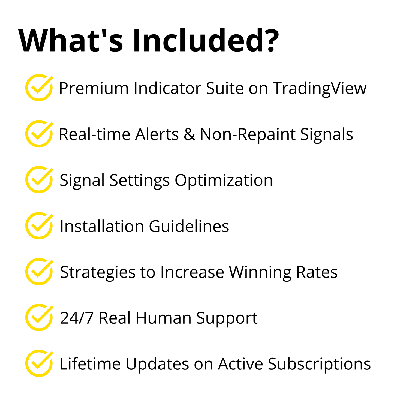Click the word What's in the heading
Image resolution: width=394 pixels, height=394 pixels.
[71, 40]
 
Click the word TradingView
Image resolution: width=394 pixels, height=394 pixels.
[320, 89]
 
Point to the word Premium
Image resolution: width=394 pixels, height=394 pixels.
[94, 88]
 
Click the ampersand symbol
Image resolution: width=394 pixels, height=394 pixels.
[190, 134]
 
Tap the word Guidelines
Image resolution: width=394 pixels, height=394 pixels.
[189, 226]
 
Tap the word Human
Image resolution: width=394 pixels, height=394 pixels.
[163, 318]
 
